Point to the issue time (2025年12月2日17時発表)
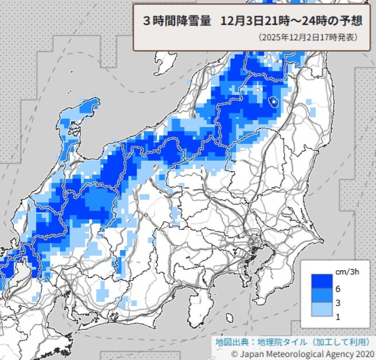tap(308, 37)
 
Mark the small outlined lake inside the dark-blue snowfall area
tap(273, 101)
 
